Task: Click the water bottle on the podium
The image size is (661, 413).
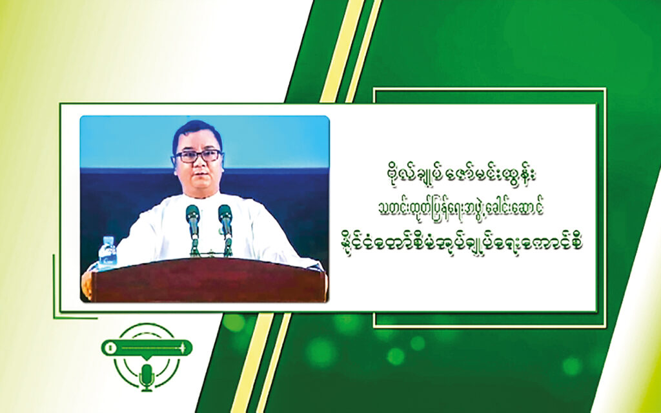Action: pyautogui.click(x=107, y=252)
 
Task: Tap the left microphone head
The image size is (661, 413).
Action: pyautogui.click(x=192, y=214)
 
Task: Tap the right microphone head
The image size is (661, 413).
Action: pyautogui.click(x=225, y=214)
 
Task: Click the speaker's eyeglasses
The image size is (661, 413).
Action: pyautogui.click(x=198, y=156)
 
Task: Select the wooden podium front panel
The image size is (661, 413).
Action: pyautogui.click(x=208, y=281)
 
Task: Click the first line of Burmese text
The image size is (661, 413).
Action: pyautogui.click(x=460, y=176)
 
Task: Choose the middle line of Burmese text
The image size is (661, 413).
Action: pyautogui.click(x=461, y=208)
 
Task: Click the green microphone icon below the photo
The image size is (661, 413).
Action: pyautogui.click(x=147, y=377)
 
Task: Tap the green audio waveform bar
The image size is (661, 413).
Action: pyautogui.click(x=147, y=348)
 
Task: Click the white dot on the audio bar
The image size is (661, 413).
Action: pyautogui.click(x=110, y=348)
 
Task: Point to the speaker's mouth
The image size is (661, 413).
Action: pyautogui.click(x=197, y=179)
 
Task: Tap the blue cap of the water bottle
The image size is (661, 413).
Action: pyautogui.click(x=107, y=239)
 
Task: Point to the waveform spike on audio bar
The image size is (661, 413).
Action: pyautogui.click(x=183, y=348)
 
